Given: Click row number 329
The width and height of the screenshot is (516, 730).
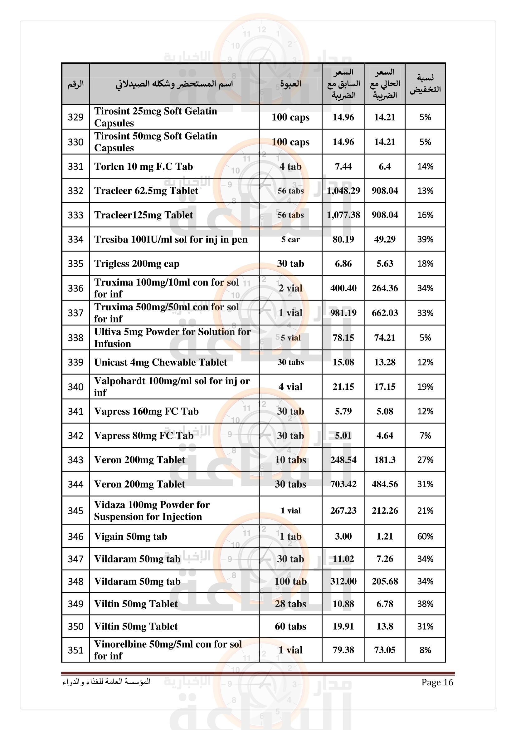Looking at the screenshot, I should coord(75,117).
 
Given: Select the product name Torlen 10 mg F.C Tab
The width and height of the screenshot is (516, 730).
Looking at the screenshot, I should coord(143,166).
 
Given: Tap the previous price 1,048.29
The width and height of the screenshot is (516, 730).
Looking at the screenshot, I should coord(343,190).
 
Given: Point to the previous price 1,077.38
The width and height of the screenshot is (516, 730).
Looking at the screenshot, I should coord(343,215).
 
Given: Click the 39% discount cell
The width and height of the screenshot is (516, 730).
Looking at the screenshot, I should coord(425,239).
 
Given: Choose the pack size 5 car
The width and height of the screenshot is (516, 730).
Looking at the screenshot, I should coord(290,239).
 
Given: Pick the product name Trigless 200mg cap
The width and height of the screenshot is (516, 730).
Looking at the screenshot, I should coord(137,264).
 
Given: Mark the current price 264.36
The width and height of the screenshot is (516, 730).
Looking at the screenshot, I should coord(384,288).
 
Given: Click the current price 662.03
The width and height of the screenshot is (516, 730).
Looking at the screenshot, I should coord(384,313).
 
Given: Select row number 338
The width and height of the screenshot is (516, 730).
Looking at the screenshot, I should coord(75,338).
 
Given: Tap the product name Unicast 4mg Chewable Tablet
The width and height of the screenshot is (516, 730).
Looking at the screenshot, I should coord(160,362).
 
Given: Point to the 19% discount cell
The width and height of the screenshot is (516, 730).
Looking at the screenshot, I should coord(425,387).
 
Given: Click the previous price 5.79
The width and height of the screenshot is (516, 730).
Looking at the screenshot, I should coord(343,411).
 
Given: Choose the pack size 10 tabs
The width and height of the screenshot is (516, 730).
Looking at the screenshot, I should coord(290,460).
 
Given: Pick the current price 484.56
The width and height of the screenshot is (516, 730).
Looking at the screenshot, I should coord(384,484).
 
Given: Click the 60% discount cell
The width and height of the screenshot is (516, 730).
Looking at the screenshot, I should coord(425,536).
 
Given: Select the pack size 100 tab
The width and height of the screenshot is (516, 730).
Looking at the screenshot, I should coord(290,581).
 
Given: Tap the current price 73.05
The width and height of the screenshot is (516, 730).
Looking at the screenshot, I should coord(384,650).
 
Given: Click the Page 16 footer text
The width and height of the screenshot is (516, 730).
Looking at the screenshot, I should coord(437,682).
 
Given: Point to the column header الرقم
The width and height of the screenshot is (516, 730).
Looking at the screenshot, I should coord(75,84).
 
